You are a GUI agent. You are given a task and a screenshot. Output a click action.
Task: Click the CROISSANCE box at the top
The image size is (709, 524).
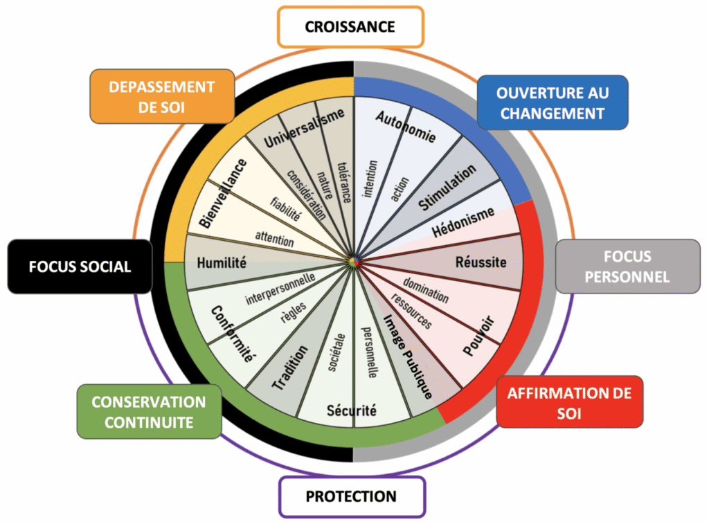(350, 27)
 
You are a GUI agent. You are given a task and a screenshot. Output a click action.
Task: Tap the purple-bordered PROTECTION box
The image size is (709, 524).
(351, 496)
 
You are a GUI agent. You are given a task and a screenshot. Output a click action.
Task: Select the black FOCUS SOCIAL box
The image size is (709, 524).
(80, 266)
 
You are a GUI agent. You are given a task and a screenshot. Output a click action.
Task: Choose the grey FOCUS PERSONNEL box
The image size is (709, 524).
(627, 266)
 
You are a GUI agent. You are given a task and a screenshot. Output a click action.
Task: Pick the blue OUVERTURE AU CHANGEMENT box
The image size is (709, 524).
(553, 102)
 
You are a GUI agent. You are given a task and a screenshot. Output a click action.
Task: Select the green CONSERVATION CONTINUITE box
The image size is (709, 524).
(149, 411)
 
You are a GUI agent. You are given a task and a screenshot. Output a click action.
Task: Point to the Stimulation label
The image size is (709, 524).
(448, 187)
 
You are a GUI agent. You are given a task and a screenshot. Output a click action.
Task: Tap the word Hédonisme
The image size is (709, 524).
(463, 221)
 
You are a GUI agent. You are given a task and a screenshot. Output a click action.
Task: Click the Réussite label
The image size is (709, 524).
(481, 262)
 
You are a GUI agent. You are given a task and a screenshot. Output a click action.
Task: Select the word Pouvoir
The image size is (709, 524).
(478, 335)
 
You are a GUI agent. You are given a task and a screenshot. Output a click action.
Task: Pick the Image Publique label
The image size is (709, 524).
(408, 357)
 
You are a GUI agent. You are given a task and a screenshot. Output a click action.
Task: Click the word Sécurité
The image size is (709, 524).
(352, 410)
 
